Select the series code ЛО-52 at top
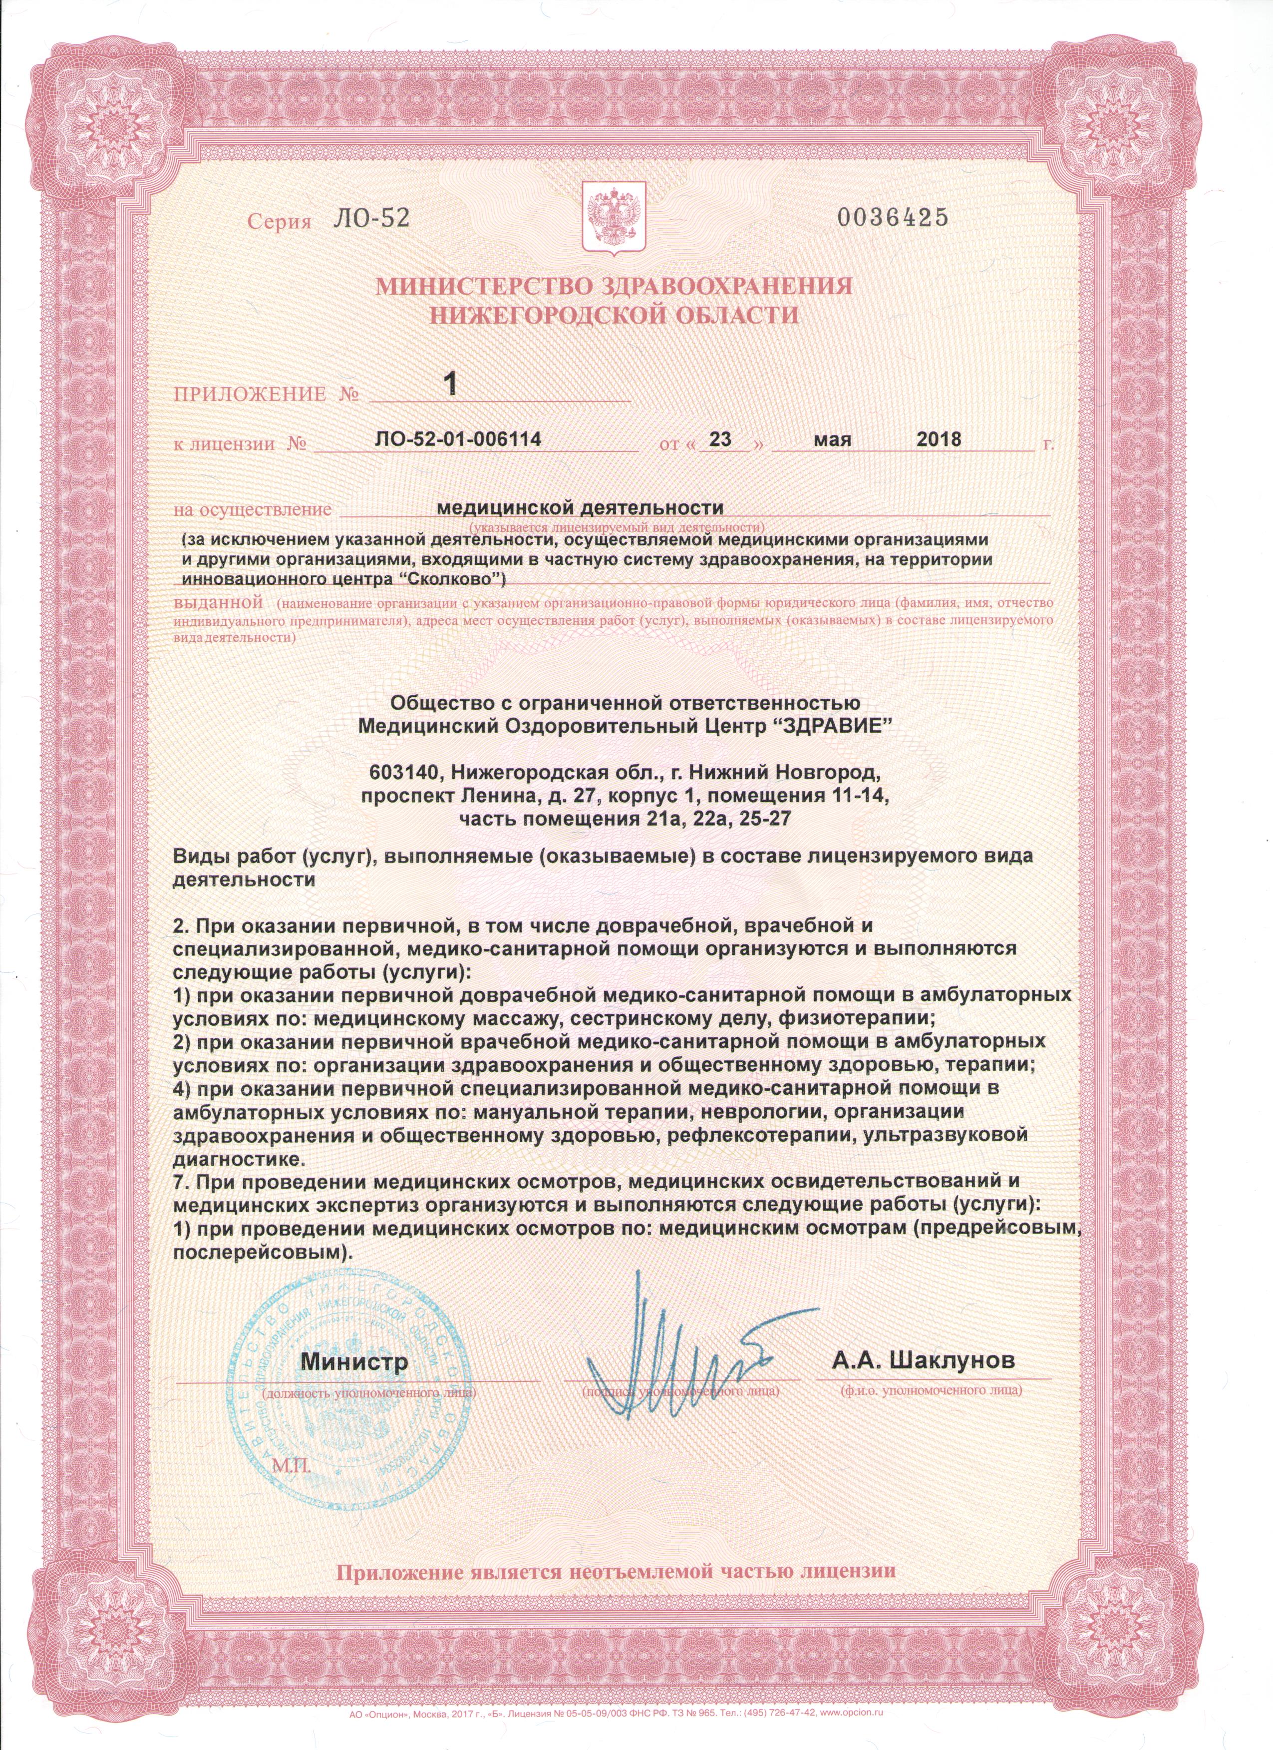pyautogui.click(x=369, y=220)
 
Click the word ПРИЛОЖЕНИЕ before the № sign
pyautogui.click(x=250, y=395)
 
